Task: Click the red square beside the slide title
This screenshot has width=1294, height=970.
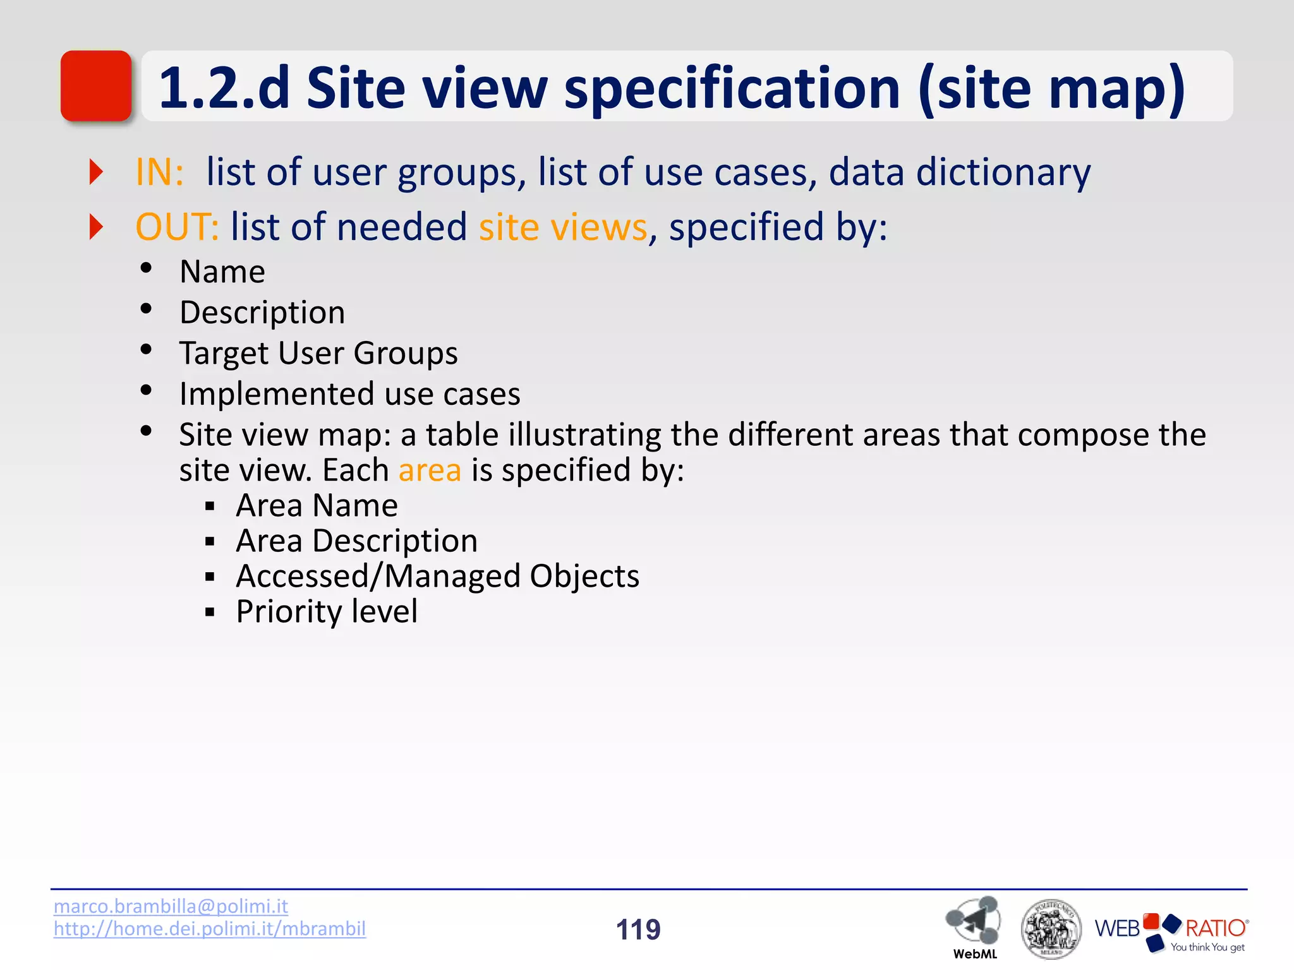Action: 96,86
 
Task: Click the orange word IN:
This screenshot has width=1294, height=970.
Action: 159,172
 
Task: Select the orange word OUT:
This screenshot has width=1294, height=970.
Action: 177,227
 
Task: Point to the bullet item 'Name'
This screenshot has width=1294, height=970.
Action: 222,272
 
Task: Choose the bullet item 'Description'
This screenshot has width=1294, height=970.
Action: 262,313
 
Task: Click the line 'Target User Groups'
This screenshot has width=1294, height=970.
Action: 318,353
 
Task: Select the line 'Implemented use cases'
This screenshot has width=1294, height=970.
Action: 349,394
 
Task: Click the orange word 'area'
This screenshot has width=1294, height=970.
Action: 430,470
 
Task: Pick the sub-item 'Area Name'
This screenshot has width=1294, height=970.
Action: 317,506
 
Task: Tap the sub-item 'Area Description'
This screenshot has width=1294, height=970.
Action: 356,541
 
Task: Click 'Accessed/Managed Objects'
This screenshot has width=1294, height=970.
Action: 437,577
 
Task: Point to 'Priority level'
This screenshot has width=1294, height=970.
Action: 327,612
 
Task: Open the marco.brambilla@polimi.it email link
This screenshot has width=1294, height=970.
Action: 171,906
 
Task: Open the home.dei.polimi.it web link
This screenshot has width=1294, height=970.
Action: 210,929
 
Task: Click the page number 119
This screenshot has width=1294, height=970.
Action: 638,930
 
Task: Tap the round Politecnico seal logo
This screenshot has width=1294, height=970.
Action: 1051,929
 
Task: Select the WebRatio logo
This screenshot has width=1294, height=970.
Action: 1171,931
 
